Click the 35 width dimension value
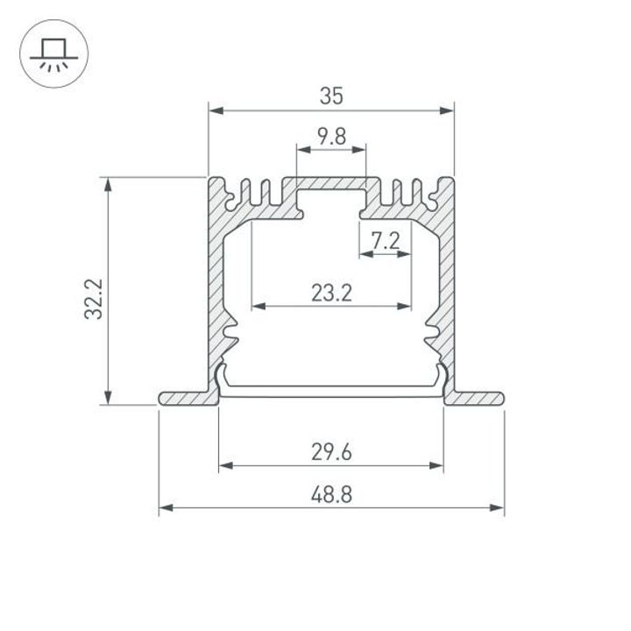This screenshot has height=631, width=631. pos(330,97)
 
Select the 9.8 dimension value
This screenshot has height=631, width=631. pos(330,137)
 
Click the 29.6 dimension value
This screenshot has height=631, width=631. pos(330,452)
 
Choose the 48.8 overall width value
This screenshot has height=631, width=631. pos(330,494)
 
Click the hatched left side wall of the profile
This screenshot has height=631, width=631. pos(216,280)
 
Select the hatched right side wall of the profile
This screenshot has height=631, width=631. pos(447,280)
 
